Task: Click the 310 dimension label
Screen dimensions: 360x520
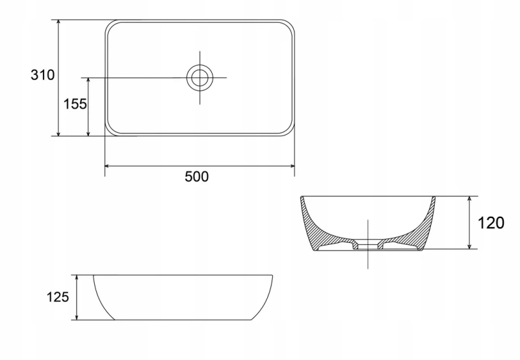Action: pos(42,75)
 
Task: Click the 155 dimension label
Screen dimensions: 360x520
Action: pos(75,104)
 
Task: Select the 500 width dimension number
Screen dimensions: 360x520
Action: pos(196,177)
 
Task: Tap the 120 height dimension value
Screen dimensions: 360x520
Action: pos(491,223)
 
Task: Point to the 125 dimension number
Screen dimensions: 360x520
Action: pos(58,298)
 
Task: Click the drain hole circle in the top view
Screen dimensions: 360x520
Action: pos(200,77)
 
